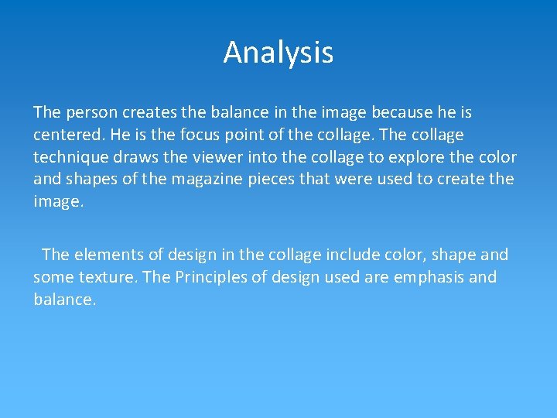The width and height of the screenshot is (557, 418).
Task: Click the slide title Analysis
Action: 278,53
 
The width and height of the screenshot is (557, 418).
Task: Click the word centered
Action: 68,135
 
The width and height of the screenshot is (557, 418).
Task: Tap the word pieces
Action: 253,179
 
